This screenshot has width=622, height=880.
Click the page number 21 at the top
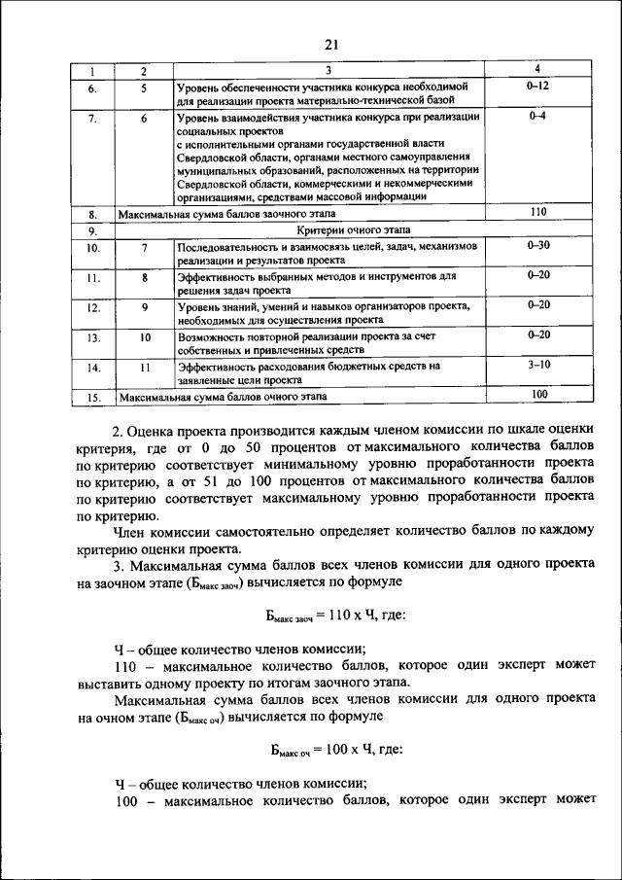point(329,44)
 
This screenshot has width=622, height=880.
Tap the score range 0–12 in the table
point(537,87)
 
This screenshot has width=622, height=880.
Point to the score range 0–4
point(537,117)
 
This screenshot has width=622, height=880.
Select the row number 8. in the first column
point(92,213)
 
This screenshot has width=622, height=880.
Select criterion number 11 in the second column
point(143,368)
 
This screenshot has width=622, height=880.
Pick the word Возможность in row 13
point(213,336)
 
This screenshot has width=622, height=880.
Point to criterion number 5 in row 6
point(143,88)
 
